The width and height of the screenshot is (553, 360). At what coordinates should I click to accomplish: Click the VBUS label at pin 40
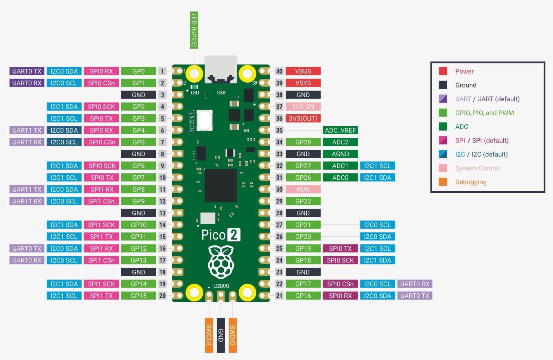[x=303, y=71]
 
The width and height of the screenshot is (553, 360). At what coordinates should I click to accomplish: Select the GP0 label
[x=138, y=71]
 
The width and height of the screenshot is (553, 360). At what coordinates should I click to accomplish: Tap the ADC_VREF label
[x=340, y=130]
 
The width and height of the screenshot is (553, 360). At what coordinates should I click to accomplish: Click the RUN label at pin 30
[x=303, y=189]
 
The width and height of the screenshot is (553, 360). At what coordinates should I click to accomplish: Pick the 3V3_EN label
[x=303, y=107]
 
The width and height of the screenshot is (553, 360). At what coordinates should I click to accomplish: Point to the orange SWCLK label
[x=209, y=335]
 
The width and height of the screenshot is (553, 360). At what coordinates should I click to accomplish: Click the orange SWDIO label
[x=233, y=335]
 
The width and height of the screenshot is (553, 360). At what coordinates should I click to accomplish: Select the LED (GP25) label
[x=194, y=30]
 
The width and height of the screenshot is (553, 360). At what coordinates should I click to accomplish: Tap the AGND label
[x=340, y=154]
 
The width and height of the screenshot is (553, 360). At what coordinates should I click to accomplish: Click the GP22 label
[x=303, y=201]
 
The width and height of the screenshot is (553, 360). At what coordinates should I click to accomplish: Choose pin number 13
[x=162, y=213]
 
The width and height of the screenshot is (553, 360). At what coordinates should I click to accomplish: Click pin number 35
[x=279, y=130]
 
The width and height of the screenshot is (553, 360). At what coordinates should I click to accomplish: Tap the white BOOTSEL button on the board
[x=205, y=120]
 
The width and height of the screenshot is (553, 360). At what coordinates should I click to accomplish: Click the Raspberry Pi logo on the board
[x=221, y=262]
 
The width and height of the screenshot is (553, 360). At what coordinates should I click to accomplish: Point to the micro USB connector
[x=221, y=70]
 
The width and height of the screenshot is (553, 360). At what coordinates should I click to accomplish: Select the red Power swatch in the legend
[x=443, y=71]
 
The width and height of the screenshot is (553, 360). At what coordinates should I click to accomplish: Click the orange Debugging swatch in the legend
[x=443, y=182]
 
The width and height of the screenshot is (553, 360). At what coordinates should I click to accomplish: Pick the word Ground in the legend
[x=466, y=85]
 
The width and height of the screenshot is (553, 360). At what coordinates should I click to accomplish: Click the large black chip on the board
[x=221, y=185]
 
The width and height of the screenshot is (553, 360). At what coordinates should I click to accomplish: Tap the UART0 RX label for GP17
[x=415, y=284]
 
